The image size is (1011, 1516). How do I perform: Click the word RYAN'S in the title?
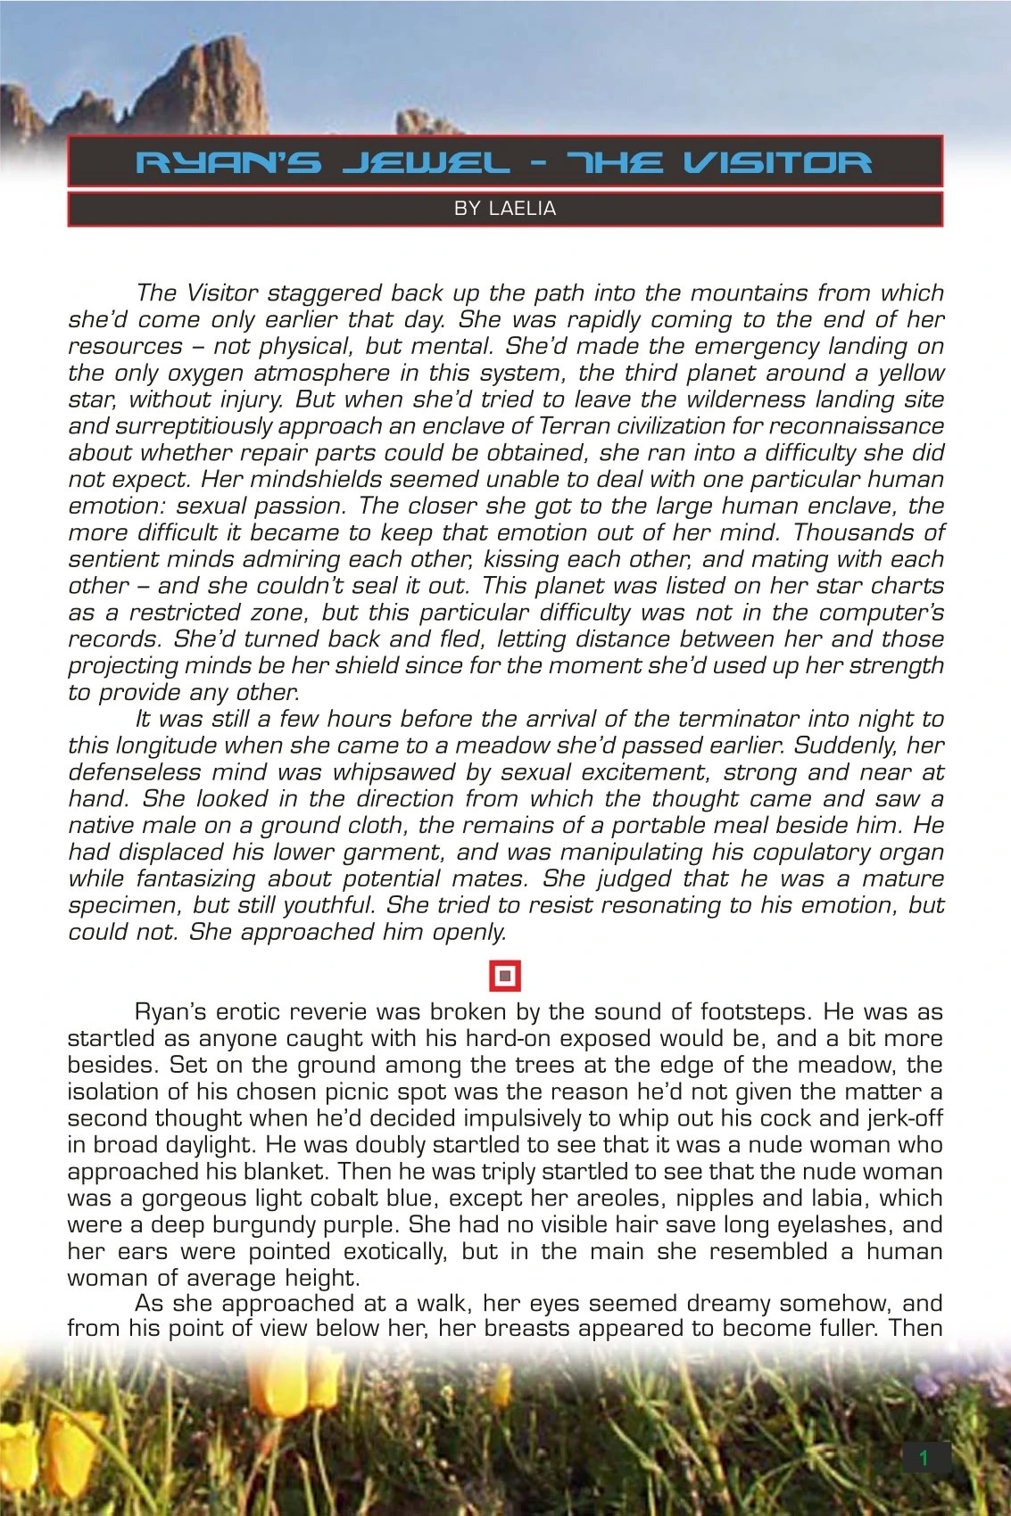tap(228, 162)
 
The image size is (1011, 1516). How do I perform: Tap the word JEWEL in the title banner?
tap(427, 162)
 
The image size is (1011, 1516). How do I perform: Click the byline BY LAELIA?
tap(505, 209)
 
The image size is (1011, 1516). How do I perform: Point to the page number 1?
tap(924, 1458)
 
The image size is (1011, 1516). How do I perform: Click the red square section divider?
tap(505, 976)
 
